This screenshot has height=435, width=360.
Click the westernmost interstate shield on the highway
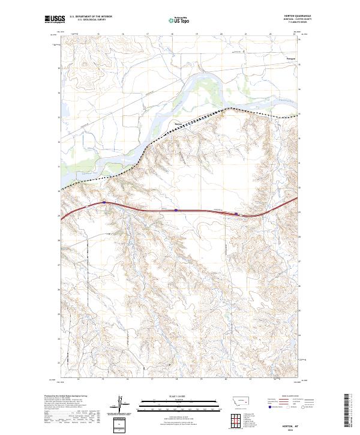[x=104, y=203]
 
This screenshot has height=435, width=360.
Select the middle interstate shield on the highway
[x=175, y=210]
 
